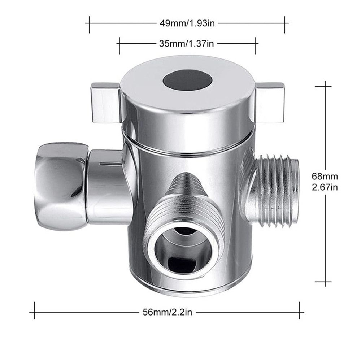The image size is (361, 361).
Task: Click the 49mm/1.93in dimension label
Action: coord(187,23)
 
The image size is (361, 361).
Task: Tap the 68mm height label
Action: coord(325,177)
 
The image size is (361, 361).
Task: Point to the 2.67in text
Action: coord(325,187)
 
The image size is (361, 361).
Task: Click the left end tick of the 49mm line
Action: coord(89,23)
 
